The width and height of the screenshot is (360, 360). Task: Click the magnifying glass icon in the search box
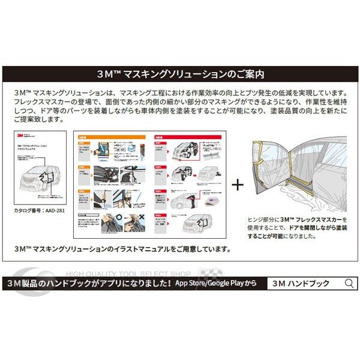(x=347, y=283)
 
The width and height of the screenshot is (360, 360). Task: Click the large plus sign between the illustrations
(x=238, y=184)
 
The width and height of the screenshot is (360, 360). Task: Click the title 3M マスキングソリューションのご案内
(x=181, y=74)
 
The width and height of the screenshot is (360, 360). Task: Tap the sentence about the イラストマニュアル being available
(x=122, y=248)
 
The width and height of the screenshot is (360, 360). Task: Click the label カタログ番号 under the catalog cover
(x=26, y=211)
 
